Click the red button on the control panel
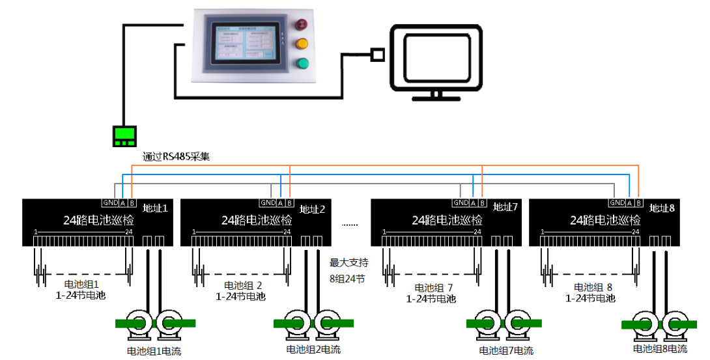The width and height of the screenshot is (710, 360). pos(302,25)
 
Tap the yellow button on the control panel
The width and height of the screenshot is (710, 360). pos(302,44)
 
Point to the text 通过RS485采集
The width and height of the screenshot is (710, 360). pos(176,157)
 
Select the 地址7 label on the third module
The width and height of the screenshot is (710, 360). pos(505,208)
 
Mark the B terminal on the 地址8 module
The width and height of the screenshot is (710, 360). pos(639,203)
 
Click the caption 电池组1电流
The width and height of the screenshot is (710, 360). pos(154,352)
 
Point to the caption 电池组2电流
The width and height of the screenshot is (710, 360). pos(313,350)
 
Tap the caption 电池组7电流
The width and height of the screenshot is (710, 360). pos(506,351)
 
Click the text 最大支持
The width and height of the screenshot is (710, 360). pos(349,263)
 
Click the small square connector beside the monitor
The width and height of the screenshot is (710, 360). pos(376,54)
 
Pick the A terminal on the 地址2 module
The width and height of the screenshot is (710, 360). pos(281,203)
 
